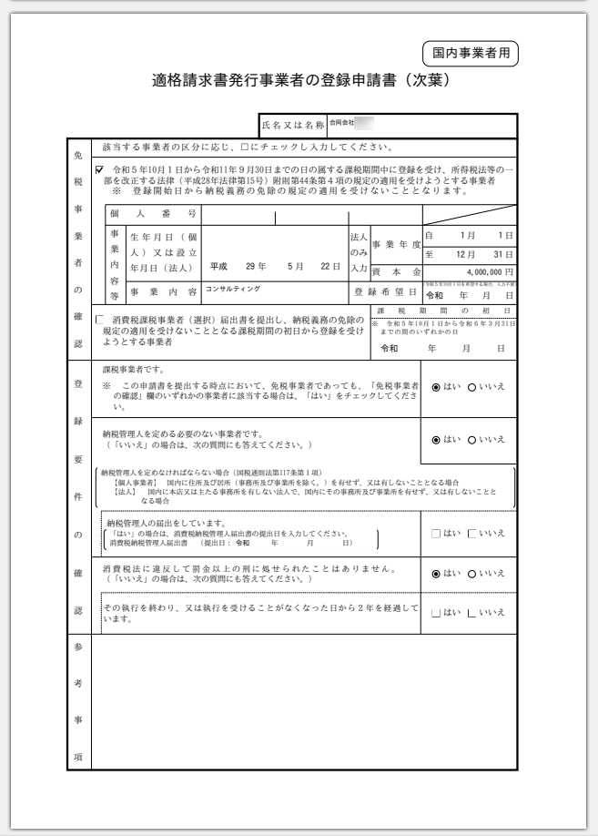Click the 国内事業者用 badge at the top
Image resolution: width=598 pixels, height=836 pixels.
[x=471, y=54]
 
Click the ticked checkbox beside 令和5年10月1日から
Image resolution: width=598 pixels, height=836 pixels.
[x=100, y=170]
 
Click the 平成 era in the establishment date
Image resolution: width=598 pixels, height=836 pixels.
[x=218, y=267]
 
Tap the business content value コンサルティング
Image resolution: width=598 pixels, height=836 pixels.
[x=232, y=289]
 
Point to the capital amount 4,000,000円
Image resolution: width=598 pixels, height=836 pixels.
[x=488, y=271]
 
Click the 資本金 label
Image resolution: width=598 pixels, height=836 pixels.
[x=396, y=271]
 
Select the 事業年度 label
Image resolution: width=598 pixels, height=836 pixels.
[x=396, y=244]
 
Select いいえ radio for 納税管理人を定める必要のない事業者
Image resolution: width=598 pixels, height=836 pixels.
[x=471, y=440]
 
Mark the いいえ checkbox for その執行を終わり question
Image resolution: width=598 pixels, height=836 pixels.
[x=471, y=612]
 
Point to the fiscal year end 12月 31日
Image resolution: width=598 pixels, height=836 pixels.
[x=481, y=253]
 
